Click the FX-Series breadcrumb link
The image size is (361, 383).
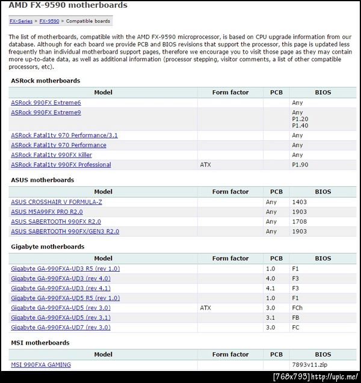coord(22,21)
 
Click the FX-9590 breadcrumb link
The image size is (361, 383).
coord(49,21)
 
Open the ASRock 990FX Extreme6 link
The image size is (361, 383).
coord(46,103)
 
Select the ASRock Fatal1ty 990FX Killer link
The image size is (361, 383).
coord(51,155)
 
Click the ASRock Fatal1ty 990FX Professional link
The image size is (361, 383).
coord(61,165)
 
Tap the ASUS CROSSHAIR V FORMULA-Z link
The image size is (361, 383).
coord(57,202)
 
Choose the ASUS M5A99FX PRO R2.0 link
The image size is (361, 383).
coord(47,212)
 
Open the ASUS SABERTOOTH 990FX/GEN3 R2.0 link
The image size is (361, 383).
coord(65,231)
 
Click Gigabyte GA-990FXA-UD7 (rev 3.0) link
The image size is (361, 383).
coord(61,328)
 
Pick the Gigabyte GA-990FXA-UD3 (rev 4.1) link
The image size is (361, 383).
coord(61,289)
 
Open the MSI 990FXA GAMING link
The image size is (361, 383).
coord(41,365)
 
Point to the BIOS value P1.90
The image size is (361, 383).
coord(300,165)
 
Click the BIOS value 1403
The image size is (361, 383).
coord(299,202)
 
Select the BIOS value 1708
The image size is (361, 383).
coord(299,222)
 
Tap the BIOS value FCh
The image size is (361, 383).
coord(297,308)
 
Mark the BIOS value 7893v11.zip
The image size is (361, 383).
coord(308,365)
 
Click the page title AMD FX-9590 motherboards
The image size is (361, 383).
coord(68,5)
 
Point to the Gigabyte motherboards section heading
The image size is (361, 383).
coord(47,247)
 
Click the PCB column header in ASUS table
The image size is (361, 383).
coord(276,192)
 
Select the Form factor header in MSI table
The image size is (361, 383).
coord(230,355)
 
